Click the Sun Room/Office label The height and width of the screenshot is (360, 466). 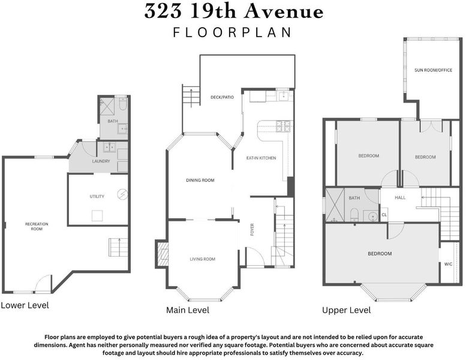433,70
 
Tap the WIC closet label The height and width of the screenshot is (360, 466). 448,264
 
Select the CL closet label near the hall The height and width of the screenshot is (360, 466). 384,215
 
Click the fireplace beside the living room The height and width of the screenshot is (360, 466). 163,254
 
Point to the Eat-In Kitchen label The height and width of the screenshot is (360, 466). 261,158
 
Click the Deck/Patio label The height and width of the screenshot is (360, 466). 222,97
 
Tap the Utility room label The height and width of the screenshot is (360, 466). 97,196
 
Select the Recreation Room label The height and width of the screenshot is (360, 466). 37,227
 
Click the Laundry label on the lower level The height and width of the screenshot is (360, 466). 101,161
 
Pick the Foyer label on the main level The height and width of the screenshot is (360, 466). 252,229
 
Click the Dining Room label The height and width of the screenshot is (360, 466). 200,180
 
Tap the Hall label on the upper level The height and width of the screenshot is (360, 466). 400,197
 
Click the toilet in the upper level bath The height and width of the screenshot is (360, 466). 354,215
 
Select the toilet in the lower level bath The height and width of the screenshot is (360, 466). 123,103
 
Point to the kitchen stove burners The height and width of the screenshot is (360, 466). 282,127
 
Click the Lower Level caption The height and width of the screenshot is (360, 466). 25,305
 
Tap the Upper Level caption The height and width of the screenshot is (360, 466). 347,310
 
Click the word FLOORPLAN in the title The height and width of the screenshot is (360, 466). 232,32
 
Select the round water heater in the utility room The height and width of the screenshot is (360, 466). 122,194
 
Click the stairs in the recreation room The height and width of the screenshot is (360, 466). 118,248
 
